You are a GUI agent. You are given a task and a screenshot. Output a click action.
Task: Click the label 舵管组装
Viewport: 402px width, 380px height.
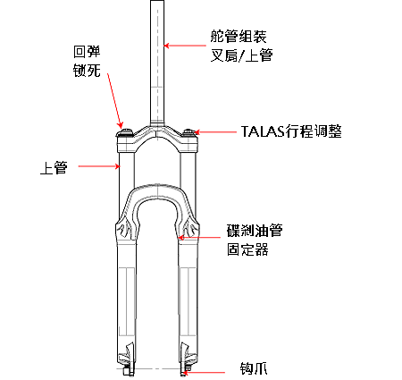(239, 37)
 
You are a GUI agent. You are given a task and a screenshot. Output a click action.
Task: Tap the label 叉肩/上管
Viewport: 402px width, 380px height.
(242, 55)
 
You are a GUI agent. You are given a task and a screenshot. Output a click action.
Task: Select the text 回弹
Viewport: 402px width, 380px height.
(87, 52)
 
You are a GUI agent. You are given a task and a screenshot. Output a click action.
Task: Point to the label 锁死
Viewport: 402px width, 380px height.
(87, 71)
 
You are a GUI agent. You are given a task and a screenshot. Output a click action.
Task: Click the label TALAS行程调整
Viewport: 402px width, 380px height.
(291, 131)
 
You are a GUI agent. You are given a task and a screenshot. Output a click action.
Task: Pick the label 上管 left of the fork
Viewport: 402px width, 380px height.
(54, 167)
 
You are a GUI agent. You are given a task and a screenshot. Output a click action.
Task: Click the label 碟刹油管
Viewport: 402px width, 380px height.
(255, 231)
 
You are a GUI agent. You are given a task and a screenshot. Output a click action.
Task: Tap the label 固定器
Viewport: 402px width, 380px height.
(247, 249)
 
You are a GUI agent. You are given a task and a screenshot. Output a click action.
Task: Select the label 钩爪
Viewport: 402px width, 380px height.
(254, 368)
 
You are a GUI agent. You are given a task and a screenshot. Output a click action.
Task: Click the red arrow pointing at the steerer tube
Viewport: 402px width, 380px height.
(185, 46)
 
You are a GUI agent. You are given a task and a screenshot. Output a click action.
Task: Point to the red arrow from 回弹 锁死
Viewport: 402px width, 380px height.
(115, 101)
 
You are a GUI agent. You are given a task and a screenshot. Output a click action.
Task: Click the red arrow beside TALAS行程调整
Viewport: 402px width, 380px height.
(215, 131)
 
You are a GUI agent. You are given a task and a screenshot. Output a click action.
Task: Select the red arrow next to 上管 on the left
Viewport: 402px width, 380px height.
(99, 166)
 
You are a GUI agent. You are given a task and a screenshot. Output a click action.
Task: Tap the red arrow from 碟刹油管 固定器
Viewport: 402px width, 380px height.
(199, 238)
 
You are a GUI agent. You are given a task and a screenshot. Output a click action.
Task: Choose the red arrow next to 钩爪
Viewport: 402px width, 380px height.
(204, 372)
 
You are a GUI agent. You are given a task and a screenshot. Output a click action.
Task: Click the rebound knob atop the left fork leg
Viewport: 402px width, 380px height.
(126, 131)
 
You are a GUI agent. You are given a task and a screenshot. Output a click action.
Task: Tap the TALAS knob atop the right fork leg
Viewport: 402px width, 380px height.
(188, 131)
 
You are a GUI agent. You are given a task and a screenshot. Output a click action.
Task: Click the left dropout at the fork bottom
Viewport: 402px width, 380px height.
(127, 361)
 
